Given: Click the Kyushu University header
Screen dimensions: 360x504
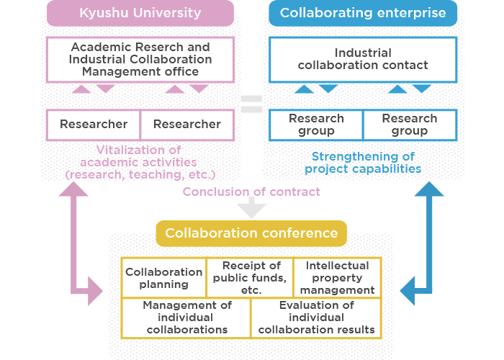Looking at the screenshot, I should coord(140,13).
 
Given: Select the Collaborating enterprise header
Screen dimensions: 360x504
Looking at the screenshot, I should coord(362,13).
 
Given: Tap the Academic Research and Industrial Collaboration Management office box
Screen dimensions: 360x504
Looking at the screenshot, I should coord(140,60).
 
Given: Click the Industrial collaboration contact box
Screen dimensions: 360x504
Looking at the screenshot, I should coord(362,59).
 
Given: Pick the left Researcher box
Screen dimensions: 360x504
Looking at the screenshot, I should coord(94,125).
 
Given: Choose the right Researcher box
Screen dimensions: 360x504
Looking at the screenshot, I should coord(186,125).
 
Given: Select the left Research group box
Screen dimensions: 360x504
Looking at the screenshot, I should coord(316,125).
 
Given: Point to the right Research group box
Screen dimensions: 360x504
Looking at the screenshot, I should coord(409,125).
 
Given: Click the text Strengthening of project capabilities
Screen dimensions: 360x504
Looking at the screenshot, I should coord(362,163).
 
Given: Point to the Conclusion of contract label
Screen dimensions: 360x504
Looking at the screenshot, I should coord(251,192).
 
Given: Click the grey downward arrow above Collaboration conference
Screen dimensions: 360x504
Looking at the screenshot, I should coord(251,209).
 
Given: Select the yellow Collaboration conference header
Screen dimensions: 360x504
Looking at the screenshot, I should coord(251,233).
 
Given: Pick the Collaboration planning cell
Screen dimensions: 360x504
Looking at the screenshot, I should coord(164,278).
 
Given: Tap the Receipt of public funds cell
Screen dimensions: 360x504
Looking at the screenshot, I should coord(251,278).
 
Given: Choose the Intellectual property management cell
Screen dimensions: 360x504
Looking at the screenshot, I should coord(337,278).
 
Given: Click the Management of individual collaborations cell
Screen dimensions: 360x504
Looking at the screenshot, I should coord(186,318).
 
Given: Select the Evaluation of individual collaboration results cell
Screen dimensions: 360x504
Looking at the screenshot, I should coord(316,318).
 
